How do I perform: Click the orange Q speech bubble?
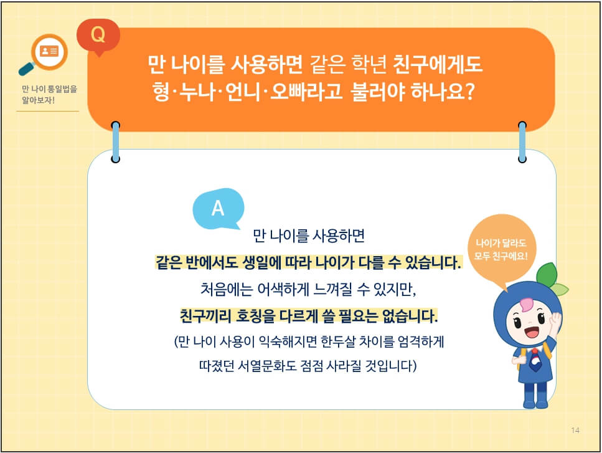tap(98, 35)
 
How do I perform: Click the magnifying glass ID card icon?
tap(45, 54)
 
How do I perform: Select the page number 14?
tap(575, 431)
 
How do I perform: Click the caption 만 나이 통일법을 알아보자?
tap(49, 94)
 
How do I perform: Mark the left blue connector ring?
tap(116, 142)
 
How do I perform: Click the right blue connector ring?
tap(522, 142)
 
